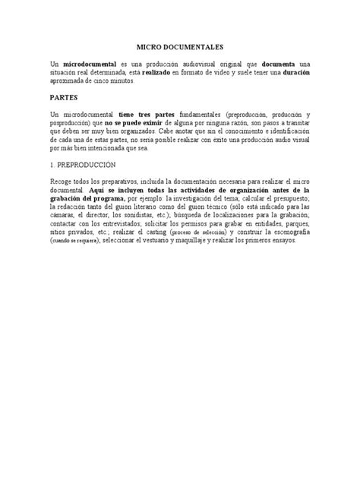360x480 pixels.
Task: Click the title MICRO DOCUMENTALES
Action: (x=180, y=46)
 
